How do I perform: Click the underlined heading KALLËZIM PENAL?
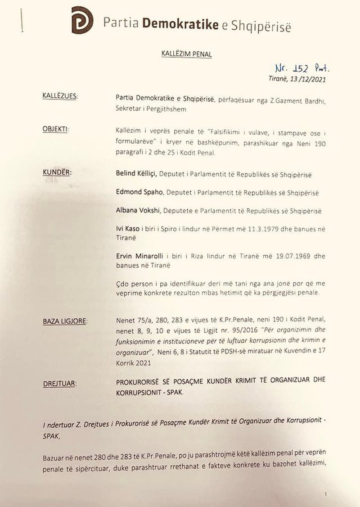tap(186, 54)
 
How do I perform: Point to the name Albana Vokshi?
tap(137, 211)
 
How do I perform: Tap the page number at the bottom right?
tap(325, 494)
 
